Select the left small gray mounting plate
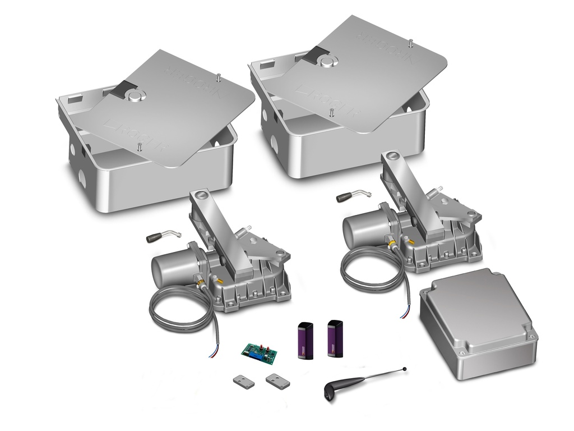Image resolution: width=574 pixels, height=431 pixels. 243,380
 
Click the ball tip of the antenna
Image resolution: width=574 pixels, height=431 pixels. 405,369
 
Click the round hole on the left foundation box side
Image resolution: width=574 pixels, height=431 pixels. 82,179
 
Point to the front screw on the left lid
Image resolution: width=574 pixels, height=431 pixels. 138,148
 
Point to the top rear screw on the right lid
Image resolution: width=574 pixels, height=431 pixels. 410,42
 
